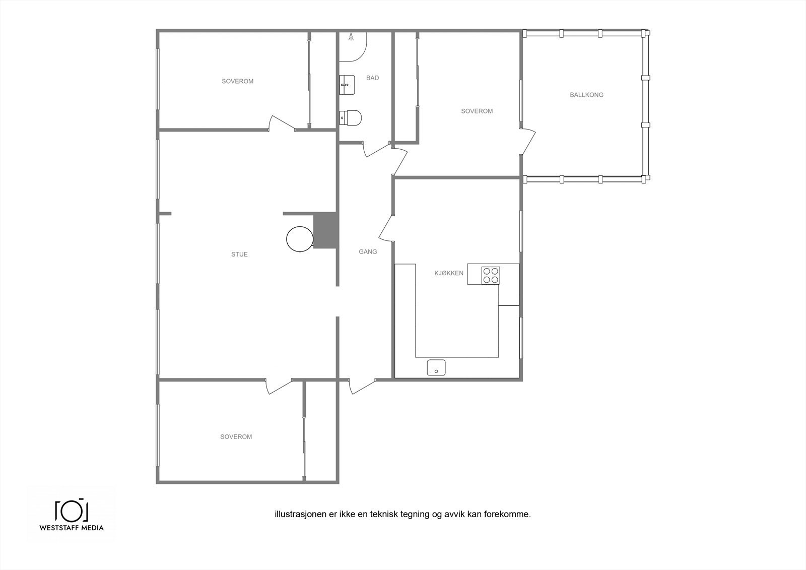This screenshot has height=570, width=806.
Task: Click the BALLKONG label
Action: coord(586,95)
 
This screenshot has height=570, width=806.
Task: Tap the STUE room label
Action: coord(239,255)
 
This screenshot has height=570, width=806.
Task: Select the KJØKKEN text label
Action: coord(449,273)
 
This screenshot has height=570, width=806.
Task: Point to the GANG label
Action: coord(368,251)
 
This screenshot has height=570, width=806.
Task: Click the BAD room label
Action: coord(373,78)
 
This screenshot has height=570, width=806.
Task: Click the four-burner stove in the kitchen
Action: coord(491,275)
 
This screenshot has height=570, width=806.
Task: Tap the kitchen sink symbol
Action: coord(436,368)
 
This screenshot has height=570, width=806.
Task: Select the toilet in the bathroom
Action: coord(351,117)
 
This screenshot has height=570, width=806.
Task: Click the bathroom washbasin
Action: coord(347,84)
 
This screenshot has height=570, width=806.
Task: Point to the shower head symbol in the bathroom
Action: coord(351,37)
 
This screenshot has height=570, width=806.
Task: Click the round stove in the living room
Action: coord(299,238)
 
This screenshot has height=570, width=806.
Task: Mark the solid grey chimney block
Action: coord(324,230)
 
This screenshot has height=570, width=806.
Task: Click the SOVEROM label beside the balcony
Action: coord(477,111)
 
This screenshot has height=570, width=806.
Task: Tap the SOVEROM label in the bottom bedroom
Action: coord(236,437)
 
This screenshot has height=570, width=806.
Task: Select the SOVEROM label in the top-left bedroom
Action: coord(237,81)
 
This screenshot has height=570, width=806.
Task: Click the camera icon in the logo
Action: coord(71,511)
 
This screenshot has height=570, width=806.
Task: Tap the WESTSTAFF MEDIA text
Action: coord(71,528)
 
